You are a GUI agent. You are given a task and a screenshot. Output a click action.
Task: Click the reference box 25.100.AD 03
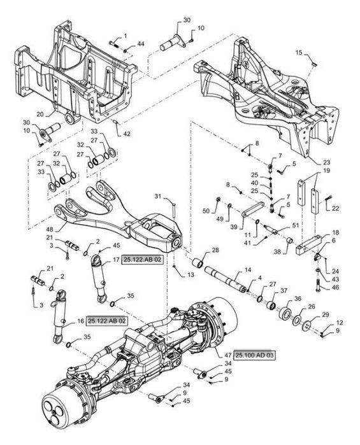tap(255, 355)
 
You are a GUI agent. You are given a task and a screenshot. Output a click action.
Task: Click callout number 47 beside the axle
tap(228, 355)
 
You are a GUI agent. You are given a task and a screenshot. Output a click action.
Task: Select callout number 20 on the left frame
tap(40, 114)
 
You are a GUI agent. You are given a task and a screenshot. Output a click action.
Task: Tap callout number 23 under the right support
tap(327, 162)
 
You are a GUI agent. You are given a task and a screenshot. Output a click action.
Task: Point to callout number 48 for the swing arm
tap(49, 229)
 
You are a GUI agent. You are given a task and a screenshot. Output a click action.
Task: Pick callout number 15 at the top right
tap(299, 52)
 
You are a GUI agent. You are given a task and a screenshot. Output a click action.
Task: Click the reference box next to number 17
tap(143, 260)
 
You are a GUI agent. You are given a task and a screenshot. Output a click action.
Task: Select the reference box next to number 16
tap(106, 321)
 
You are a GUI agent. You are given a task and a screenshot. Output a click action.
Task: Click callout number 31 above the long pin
tap(158, 196)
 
